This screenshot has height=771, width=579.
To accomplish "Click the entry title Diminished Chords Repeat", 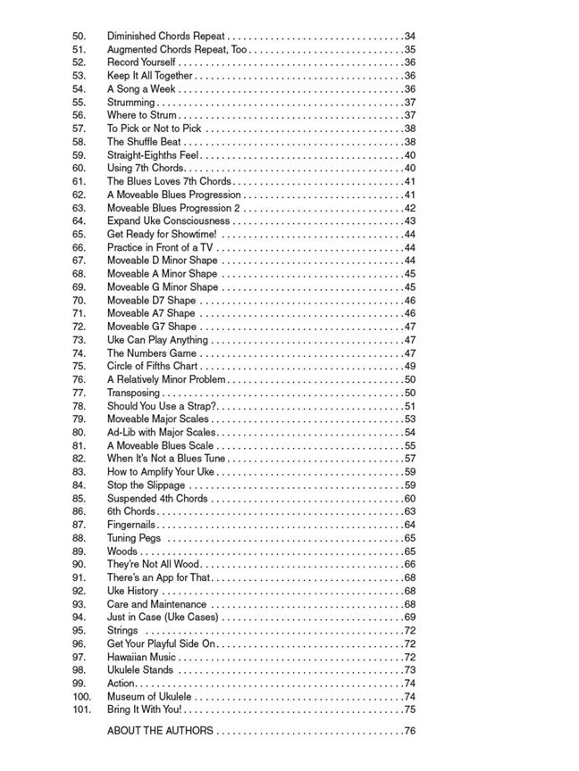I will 166,37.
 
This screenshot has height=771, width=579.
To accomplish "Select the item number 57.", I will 79,128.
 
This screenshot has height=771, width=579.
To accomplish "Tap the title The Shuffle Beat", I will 144,142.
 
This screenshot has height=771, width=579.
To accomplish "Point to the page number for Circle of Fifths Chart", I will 409,367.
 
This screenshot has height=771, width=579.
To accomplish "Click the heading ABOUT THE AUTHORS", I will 160,731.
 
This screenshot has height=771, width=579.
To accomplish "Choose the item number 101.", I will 82,709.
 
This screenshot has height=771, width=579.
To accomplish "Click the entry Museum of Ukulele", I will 149,697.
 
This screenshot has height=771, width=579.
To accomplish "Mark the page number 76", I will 409,731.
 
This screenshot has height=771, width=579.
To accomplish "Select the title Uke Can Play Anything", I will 157,340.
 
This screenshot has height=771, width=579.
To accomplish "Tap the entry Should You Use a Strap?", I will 162,406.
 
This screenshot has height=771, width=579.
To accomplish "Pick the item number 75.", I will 79,367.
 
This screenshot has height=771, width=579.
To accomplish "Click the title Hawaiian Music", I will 141,658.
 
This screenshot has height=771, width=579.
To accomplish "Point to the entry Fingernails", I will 131,525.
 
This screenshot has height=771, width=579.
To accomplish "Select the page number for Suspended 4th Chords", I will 409,499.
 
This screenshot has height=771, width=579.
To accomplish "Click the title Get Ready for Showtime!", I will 162,235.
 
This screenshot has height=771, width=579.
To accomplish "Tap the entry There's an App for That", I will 159,578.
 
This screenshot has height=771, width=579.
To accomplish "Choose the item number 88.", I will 79,538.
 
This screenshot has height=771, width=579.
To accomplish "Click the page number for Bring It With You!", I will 409,709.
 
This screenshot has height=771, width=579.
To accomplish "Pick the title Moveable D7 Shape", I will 151,301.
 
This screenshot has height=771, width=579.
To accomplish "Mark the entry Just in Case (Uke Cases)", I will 163,618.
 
